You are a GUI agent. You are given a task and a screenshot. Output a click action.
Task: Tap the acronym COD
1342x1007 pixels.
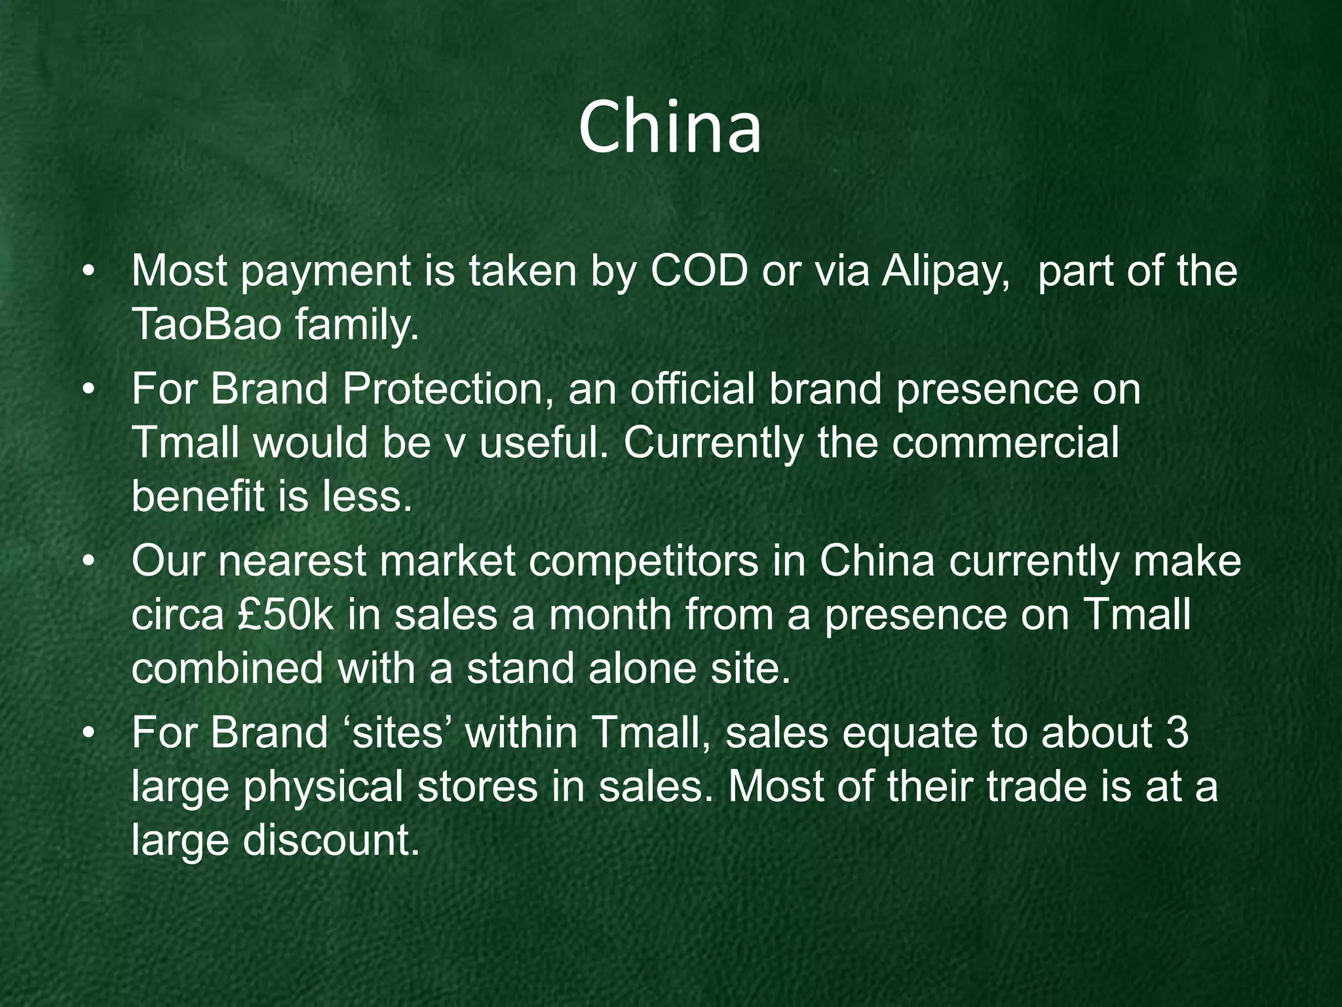click(x=699, y=271)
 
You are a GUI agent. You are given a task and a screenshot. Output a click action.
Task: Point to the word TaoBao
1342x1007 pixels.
click(x=206, y=325)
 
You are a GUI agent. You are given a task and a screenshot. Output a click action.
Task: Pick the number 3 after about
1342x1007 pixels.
click(x=1178, y=733)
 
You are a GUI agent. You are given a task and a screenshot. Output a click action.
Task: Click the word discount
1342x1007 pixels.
click(x=331, y=840)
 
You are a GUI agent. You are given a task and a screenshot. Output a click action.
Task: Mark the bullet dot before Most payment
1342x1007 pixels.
click(x=90, y=272)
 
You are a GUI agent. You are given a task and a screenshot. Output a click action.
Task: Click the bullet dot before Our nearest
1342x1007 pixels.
click(x=90, y=563)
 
